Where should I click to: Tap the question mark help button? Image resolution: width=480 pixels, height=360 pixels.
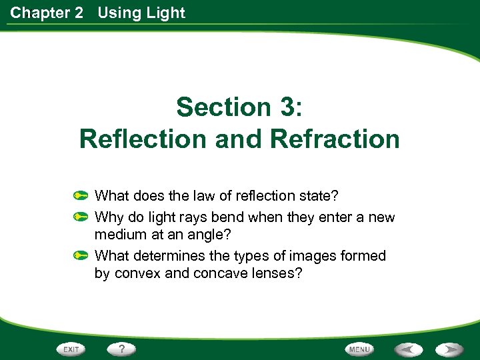[x=122, y=349]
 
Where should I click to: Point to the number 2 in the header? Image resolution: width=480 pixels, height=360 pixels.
[x=79, y=13]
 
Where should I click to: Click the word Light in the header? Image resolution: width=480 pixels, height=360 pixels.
[x=168, y=13]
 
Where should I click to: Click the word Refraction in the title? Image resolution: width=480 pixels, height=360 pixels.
[x=335, y=139]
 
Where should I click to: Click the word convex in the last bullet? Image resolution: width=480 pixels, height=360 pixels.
[x=137, y=274]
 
